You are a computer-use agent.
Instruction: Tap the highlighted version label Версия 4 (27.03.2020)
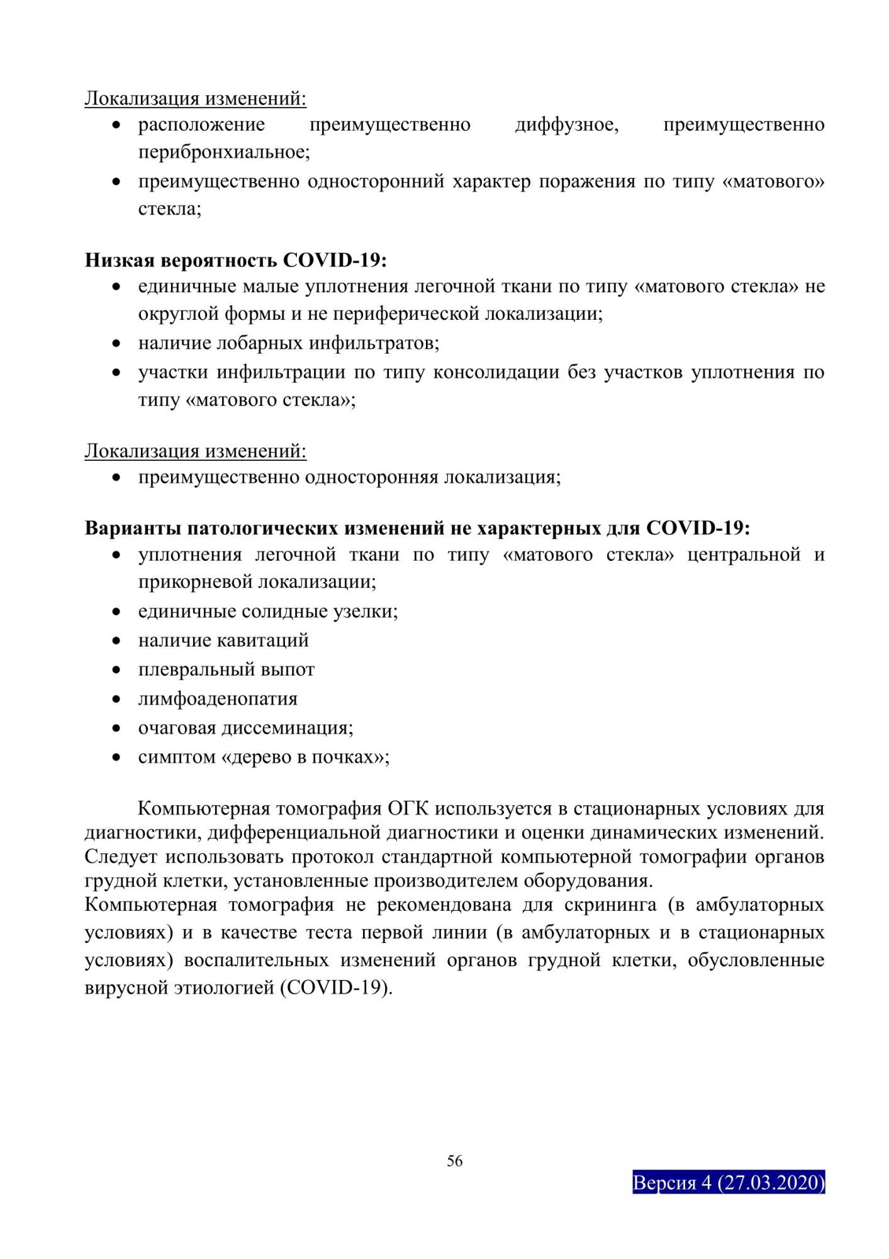click(728, 1183)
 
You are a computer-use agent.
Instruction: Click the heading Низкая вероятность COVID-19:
click(235, 260)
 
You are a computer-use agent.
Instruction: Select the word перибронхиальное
click(223, 152)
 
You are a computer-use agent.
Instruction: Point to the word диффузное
click(566, 125)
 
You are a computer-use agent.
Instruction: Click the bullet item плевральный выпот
click(226, 670)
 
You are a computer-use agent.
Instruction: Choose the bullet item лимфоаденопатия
click(218, 699)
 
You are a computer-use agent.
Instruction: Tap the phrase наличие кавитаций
click(223, 641)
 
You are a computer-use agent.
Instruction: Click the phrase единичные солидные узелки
click(267, 612)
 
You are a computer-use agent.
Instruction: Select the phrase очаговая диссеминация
click(245, 728)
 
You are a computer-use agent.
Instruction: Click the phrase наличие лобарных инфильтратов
click(288, 344)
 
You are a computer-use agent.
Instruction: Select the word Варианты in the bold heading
click(133, 528)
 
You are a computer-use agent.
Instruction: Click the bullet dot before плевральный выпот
click(116, 670)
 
